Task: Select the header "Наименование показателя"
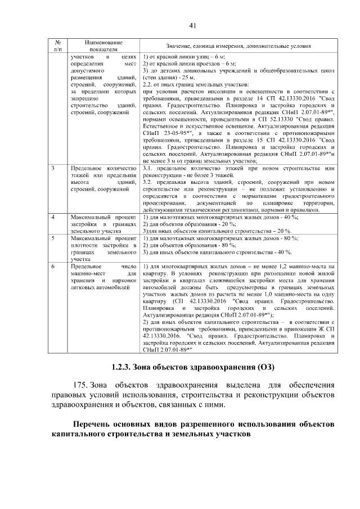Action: [x=103, y=46]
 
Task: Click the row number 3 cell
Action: [x=53, y=168]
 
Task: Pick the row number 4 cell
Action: [x=53, y=217]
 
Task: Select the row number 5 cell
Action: [x=53, y=238]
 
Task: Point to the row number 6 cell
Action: [x=53, y=265]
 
